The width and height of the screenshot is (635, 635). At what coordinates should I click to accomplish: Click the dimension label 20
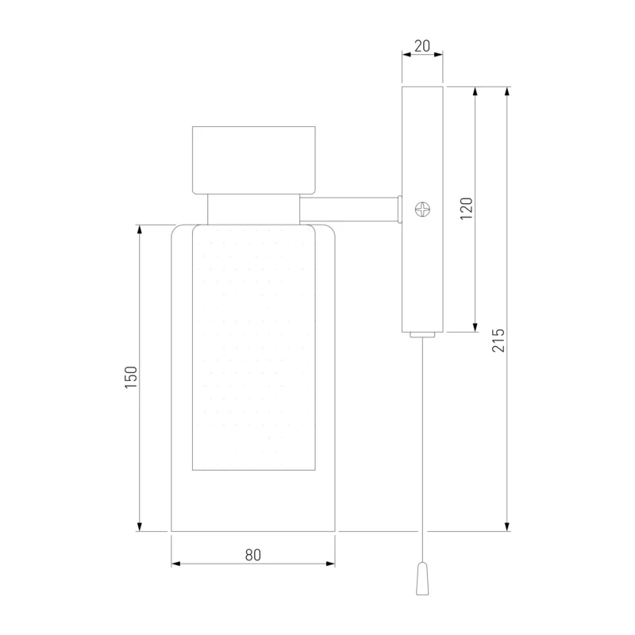coord(422,46)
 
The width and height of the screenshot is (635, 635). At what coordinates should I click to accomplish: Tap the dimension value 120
coord(467,209)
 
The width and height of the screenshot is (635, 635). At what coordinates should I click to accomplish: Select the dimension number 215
coord(498,341)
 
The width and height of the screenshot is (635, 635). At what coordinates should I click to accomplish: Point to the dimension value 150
coord(131,377)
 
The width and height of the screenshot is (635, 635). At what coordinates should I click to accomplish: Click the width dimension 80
coord(253,555)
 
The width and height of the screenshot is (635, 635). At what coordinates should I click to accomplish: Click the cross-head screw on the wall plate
coord(423,210)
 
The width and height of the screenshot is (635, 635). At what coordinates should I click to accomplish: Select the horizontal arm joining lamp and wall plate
coord(349,210)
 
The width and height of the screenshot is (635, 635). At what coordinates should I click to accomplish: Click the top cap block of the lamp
coord(254,160)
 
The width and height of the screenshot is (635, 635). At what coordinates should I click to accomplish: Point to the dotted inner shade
coord(254,348)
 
